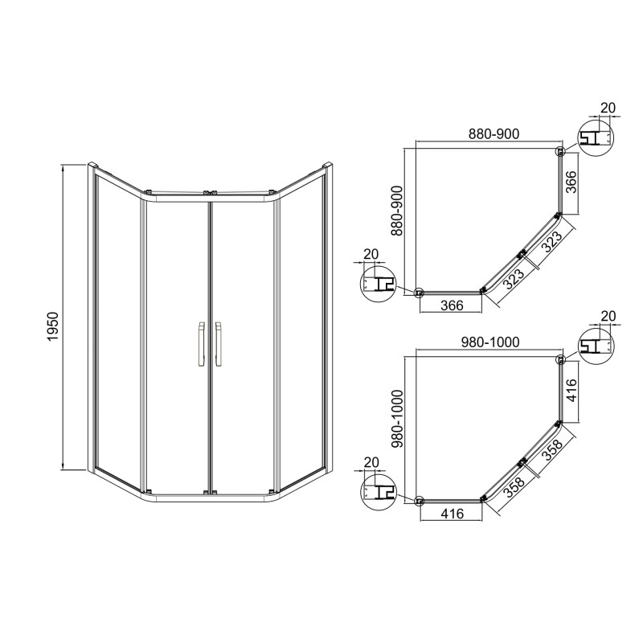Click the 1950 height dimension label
pos(53,328)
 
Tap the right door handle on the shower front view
pos(218,345)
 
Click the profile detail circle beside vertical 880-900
pos(376,284)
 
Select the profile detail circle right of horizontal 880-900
pos(596,138)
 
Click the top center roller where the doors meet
pos(209,193)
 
